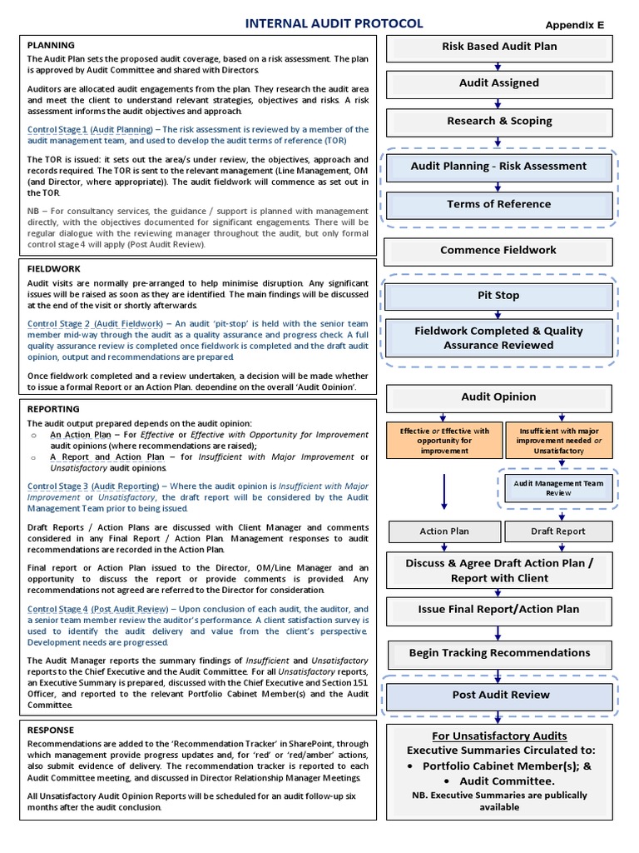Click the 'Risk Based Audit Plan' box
(499, 47)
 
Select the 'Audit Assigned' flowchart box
(499, 83)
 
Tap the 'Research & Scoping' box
(499, 122)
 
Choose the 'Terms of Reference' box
(499, 204)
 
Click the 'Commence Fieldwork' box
(499, 251)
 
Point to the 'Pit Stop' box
(499, 296)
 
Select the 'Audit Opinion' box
(499, 397)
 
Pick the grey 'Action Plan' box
(444, 531)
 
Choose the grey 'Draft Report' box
(558, 531)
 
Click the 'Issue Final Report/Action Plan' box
(499, 610)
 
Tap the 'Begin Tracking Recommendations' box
(499, 654)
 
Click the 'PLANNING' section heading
(51, 45)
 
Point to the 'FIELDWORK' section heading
(54, 270)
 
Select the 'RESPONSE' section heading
(52, 730)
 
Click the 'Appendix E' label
(575, 26)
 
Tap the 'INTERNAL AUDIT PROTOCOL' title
(334, 24)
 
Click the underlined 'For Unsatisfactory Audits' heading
(499, 736)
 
